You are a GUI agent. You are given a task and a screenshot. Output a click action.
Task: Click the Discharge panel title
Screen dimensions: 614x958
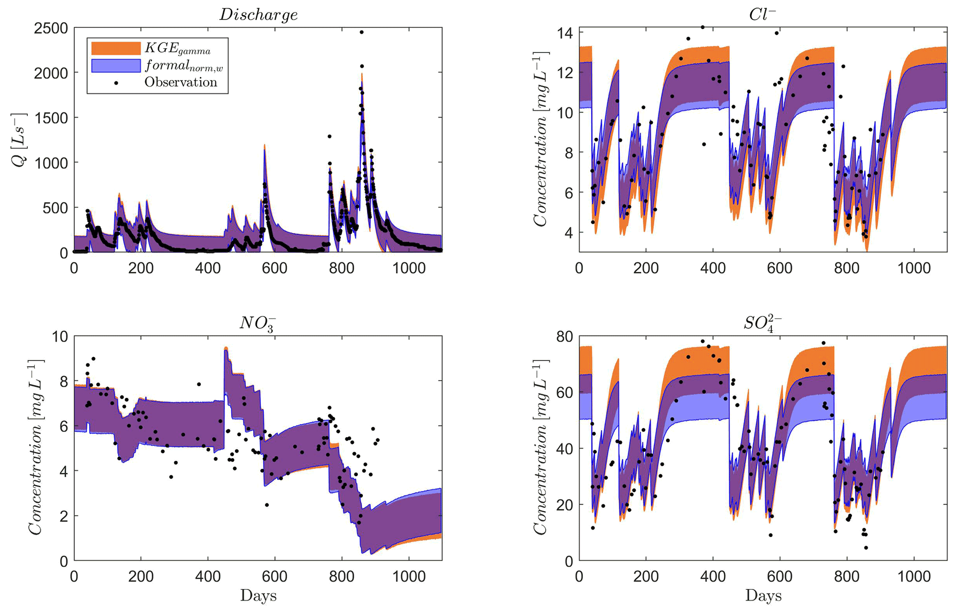coord(258,15)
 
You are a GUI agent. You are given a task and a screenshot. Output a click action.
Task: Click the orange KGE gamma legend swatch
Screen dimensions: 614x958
coord(116,48)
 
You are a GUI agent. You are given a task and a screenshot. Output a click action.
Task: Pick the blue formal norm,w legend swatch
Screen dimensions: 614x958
coord(116,65)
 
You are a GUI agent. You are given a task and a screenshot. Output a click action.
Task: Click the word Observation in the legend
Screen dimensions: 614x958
coord(181,82)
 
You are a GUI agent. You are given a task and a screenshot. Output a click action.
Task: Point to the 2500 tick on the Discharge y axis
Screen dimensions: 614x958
coord(51,29)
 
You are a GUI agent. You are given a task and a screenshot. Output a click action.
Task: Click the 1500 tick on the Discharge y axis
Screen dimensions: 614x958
coord(51,118)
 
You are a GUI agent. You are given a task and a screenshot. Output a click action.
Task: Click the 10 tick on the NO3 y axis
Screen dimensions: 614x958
coord(59,336)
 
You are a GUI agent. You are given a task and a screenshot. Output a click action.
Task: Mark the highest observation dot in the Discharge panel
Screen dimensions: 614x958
coord(362,32)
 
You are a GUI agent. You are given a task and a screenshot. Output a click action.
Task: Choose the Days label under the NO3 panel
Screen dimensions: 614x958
coord(258,595)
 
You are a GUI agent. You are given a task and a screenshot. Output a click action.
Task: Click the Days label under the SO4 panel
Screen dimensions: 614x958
coord(763,595)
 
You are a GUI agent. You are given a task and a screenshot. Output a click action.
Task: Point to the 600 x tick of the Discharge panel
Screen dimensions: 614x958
coord(275,268)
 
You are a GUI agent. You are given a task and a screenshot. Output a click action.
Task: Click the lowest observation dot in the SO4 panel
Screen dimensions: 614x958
coord(866,548)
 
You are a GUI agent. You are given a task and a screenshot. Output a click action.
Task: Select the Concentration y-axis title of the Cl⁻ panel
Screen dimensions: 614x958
coord(540,139)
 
